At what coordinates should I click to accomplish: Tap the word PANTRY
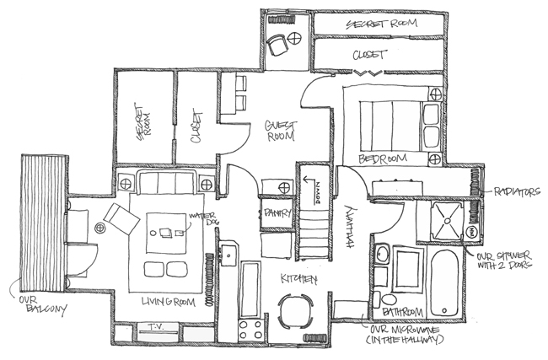coord(278,212)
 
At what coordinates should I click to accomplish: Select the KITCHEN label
coord(298,279)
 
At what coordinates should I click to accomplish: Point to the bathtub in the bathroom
coord(444,282)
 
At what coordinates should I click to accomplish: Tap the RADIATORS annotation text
coord(517,192)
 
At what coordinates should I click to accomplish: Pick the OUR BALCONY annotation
coord(42,304)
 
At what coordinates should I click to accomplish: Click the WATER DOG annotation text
coord(202,219)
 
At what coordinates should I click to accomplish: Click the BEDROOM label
coord(383,159)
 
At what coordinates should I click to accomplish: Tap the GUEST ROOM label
coord(281,131)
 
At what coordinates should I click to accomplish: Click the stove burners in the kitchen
coord(250,330)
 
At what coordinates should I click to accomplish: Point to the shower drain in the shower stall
coord(448,221)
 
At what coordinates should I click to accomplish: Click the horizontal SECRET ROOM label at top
coord(382,24)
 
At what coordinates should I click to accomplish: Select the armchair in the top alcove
coord(277,45)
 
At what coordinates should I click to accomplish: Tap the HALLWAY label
coord(352,227)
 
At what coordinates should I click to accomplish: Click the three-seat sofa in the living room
coord(167,182)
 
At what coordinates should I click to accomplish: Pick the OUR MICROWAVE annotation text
coord(406,335)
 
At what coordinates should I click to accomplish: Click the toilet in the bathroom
coord(384,299)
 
